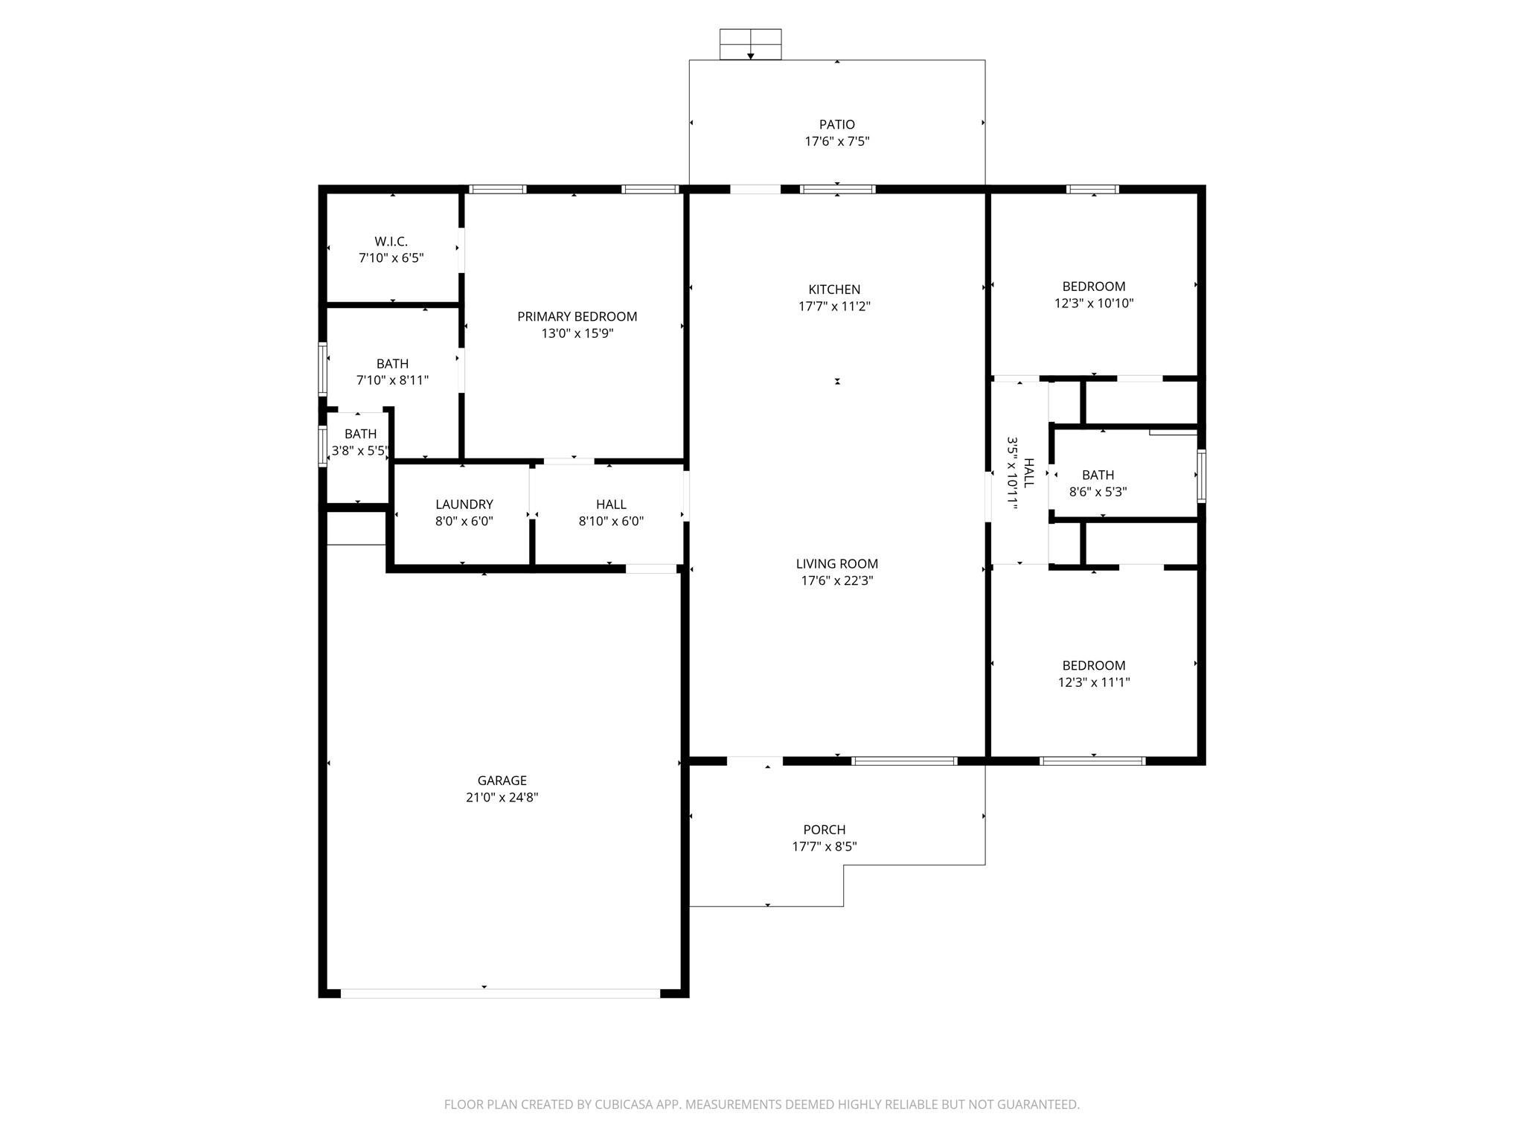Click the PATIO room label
click(836, 124)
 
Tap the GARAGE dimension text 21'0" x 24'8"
click(502, 797)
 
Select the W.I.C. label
click(391, 241)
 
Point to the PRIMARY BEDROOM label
click(577, 316)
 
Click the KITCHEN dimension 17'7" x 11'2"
click(834, 306)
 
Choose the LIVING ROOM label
click(836, 563)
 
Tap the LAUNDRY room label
click(464, 504)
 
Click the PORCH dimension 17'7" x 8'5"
click(824, 846)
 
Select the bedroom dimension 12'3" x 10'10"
click(1093, 303)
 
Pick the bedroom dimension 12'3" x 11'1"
click(1093, 682)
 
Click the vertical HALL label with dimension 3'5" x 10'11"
click(1020, 473)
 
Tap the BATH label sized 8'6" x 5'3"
click(1098, 475)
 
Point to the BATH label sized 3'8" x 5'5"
click(360, 434)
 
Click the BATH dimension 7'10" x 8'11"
click(392, 380)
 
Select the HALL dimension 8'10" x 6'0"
click(611, 521)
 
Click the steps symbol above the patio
click(750, 44)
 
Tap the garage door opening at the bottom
click(500, 993)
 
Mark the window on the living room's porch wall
click(903, 761)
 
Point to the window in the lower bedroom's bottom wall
click(1092, 761)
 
